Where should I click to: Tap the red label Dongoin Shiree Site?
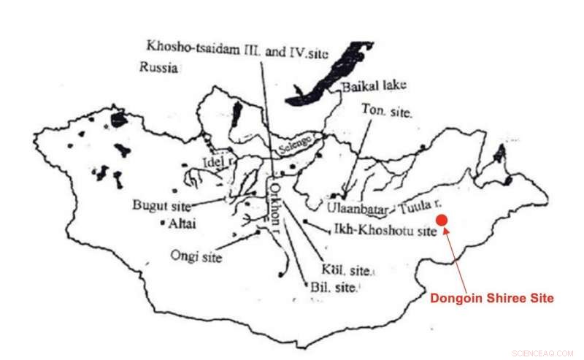(x=491, y=298)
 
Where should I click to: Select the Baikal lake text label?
(x=374, y=86)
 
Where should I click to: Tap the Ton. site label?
(x=388, y=113)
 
